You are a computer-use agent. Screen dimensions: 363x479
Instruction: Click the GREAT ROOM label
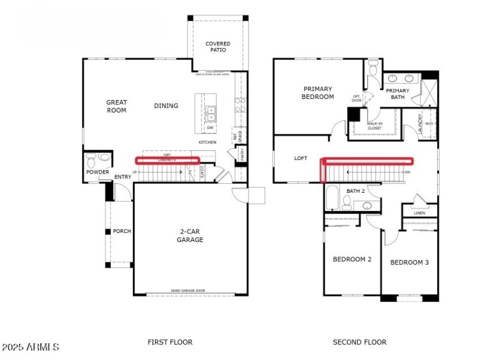coord(116,106)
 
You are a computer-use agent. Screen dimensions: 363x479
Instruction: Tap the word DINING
coord(166,106)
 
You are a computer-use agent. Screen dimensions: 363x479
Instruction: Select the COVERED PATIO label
coord(218,47)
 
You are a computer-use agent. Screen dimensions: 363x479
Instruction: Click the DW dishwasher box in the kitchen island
coord(210,128)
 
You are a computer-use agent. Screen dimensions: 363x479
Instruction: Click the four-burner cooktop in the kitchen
coord(240,105)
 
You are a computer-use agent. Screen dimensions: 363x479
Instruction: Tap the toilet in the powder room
coord(92,160)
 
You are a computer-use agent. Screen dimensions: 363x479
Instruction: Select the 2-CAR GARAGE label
coord(190,235)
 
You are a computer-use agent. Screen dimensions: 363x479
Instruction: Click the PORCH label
coord(122,231)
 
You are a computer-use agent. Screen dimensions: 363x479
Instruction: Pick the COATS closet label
coord(202,172)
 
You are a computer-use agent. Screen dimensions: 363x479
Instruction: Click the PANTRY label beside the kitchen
coord(242,154)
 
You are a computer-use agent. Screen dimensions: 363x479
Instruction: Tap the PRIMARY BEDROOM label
coord(317,93)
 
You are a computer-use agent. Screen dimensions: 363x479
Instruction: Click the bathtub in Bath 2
coord(333,197)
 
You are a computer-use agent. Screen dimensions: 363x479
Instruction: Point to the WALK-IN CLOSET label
coord(374,126)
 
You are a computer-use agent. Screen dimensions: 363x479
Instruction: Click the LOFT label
coord(301,159)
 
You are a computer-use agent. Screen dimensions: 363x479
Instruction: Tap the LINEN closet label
coord(419,213)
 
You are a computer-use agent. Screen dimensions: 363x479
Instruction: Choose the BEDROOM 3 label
coord(410,262)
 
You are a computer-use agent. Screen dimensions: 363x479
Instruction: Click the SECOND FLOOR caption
coord(359,342)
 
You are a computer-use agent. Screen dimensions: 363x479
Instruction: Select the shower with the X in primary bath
coord(429,93)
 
